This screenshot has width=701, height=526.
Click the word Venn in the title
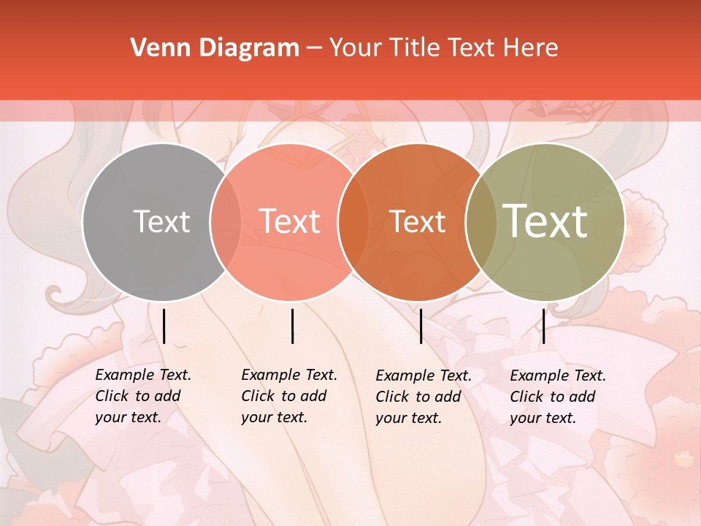[155, 48]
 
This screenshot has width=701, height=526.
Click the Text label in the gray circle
[161, 221]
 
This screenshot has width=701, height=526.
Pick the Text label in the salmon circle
[290, 221]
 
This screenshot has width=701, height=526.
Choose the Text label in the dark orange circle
[418, 221]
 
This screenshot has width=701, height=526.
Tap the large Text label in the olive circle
[545, 221]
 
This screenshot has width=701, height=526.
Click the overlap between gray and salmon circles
[226, 222]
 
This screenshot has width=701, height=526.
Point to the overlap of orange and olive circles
[481, 222]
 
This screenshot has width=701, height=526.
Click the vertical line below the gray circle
[164, 326]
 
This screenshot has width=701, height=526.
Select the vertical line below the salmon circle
[292, 326]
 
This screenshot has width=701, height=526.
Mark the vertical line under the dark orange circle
[421, 326]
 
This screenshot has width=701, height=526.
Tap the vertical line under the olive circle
[543, 326]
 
